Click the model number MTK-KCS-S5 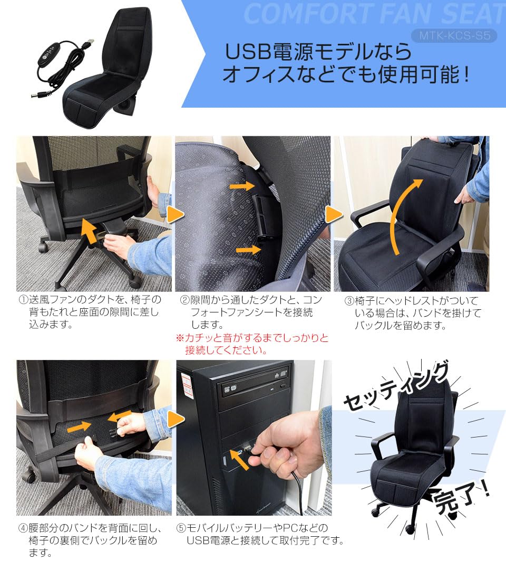pyautogui.click(x=454, y=36)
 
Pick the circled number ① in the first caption pyautogui.click(x=23, y=300)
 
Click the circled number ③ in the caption pyautogui.click(x=349, y=301)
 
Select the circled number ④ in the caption pyautogui.click(x=23, y=528)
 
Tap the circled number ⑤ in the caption pyautogui.click(x=181, y=528)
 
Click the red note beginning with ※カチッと pyautogui.click(x=252, y=344)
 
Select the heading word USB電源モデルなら pyautogui.click(x=318, y=52)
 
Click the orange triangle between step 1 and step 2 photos pyautogui.click(x=176, y=214)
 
